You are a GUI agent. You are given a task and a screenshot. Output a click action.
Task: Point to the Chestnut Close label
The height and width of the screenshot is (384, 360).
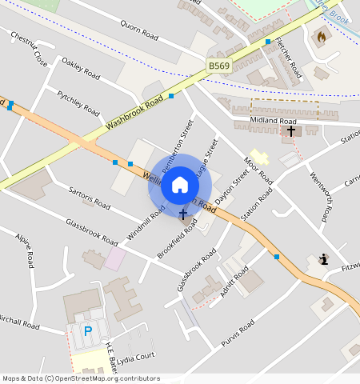[x=29, y=49]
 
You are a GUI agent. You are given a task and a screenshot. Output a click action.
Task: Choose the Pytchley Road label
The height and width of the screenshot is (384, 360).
[x=78, y=102]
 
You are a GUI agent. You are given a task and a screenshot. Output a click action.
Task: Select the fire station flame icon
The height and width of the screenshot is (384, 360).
[x=322, y=36]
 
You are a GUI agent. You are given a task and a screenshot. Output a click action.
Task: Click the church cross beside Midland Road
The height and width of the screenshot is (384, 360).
[x=291, y=130]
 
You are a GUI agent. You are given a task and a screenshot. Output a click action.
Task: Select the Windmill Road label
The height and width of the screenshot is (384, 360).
[x=146, y=222]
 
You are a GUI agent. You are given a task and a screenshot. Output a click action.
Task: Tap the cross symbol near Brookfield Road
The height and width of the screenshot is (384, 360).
[x=183, y=214]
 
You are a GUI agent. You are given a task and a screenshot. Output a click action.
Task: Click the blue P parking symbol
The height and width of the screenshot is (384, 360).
[x=88, y=330]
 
